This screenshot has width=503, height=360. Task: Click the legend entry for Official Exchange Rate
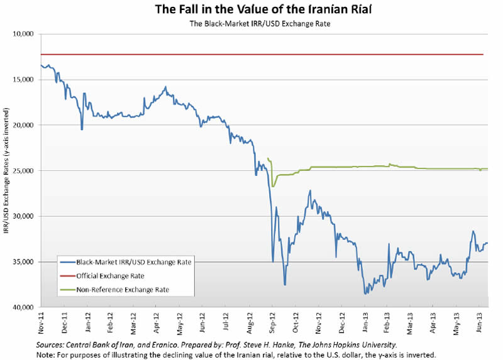111,276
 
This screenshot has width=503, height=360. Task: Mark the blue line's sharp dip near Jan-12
82,129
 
